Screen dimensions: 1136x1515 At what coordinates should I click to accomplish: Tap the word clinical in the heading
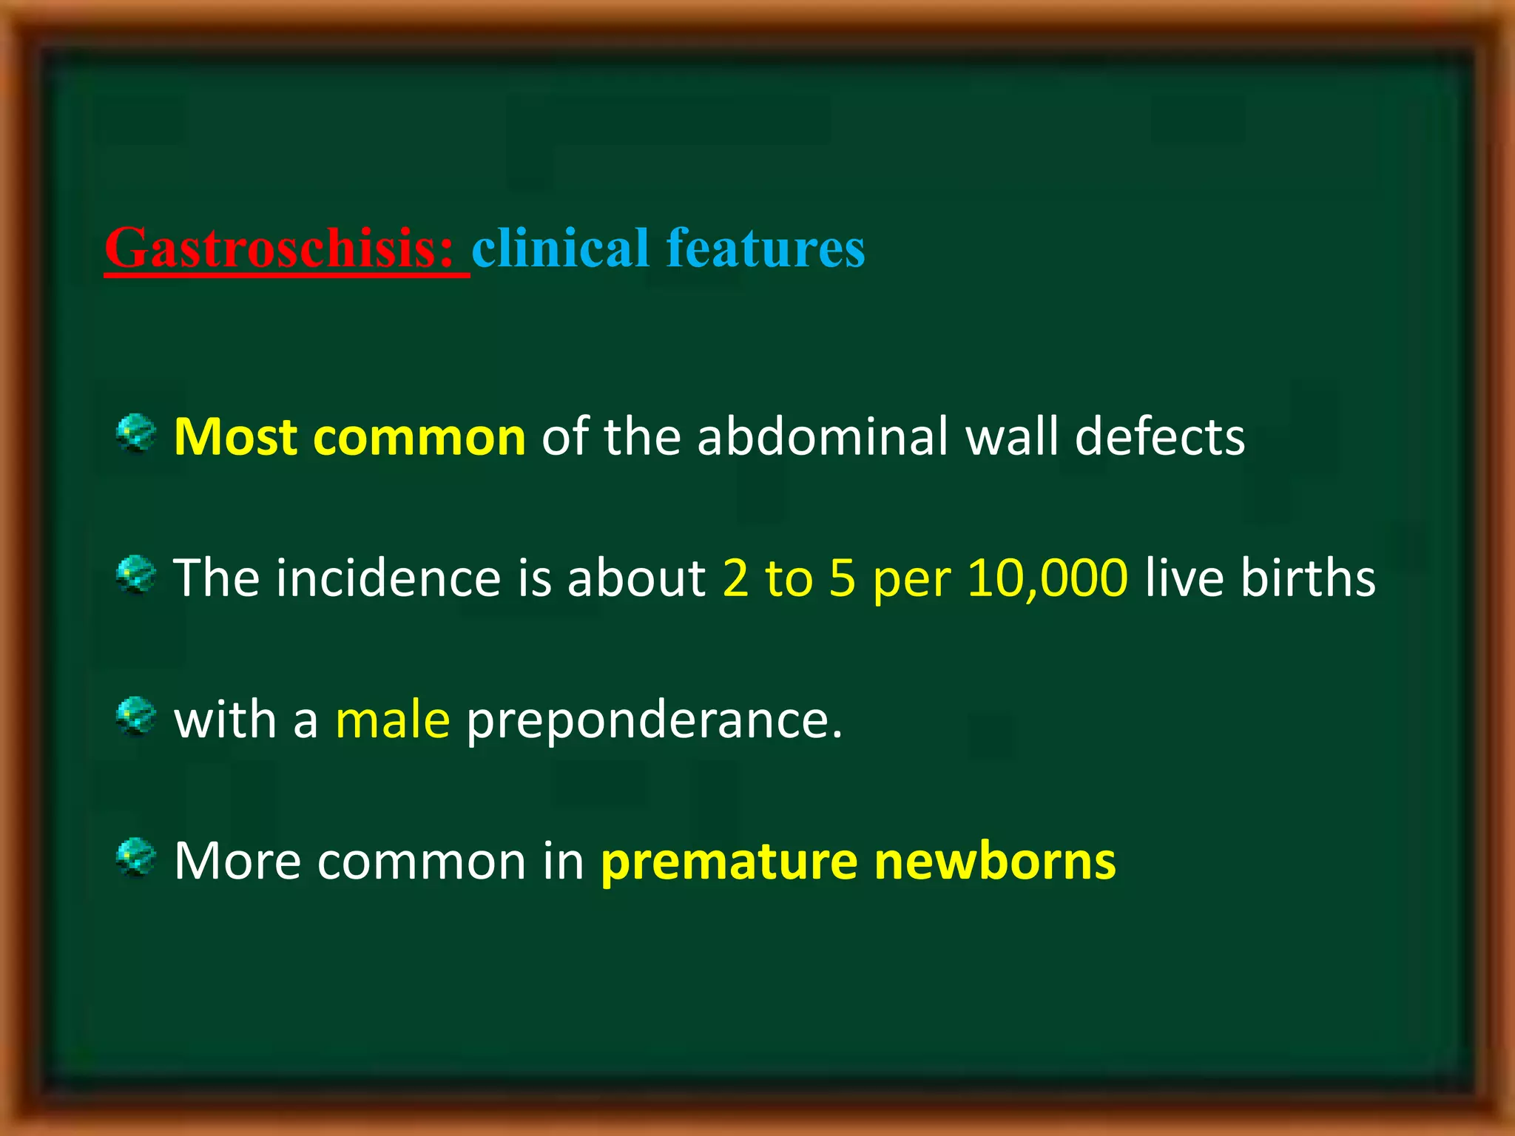560,248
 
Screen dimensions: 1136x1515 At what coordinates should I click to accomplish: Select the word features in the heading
766,248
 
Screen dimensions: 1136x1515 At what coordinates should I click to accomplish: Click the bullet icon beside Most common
136,433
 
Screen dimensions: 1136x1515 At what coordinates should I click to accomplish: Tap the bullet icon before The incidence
136,575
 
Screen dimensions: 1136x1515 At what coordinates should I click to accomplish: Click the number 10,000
1047,578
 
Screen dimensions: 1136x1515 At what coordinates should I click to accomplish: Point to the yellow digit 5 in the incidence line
842,578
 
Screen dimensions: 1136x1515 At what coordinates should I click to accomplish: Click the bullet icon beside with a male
136,716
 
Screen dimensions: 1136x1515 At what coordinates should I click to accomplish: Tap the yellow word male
392,720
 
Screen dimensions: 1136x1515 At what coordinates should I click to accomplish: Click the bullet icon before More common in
136,857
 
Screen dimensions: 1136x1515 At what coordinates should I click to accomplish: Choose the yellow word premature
729,862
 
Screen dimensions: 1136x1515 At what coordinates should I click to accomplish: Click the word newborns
995,862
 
